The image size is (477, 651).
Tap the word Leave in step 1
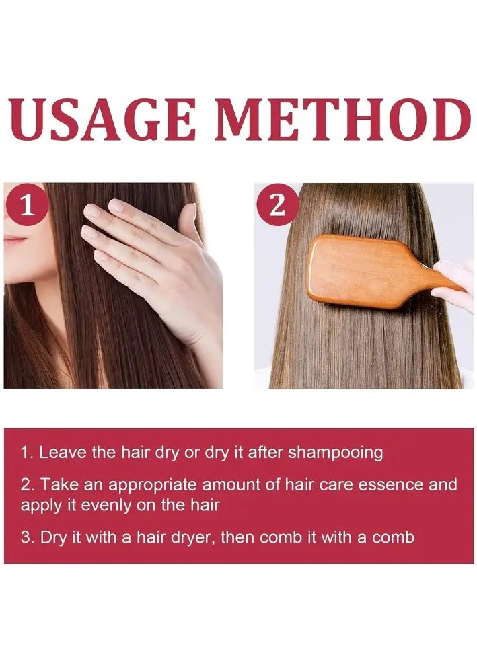(63, 453)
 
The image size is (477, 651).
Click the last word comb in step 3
(394, 538)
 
